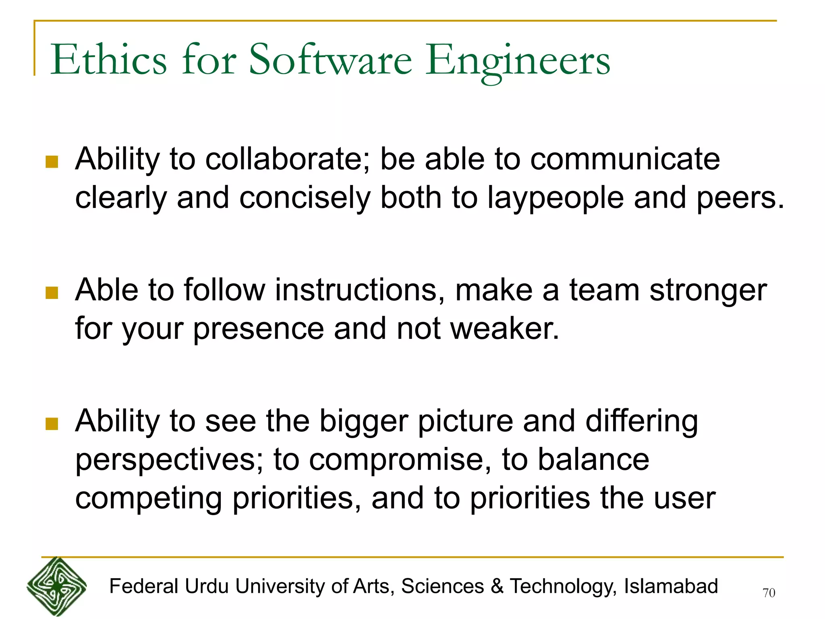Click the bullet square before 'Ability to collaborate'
click(x=52, y=162)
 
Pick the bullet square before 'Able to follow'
click(x=52, y=293)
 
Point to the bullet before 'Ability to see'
click(x=52, y=424)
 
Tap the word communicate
click(x=625, y=159)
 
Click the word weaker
click(x=505, y=329)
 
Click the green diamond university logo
click(x=56, y=586)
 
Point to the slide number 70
click(x=769, y=593)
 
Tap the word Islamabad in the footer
click(x=671, y=586)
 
